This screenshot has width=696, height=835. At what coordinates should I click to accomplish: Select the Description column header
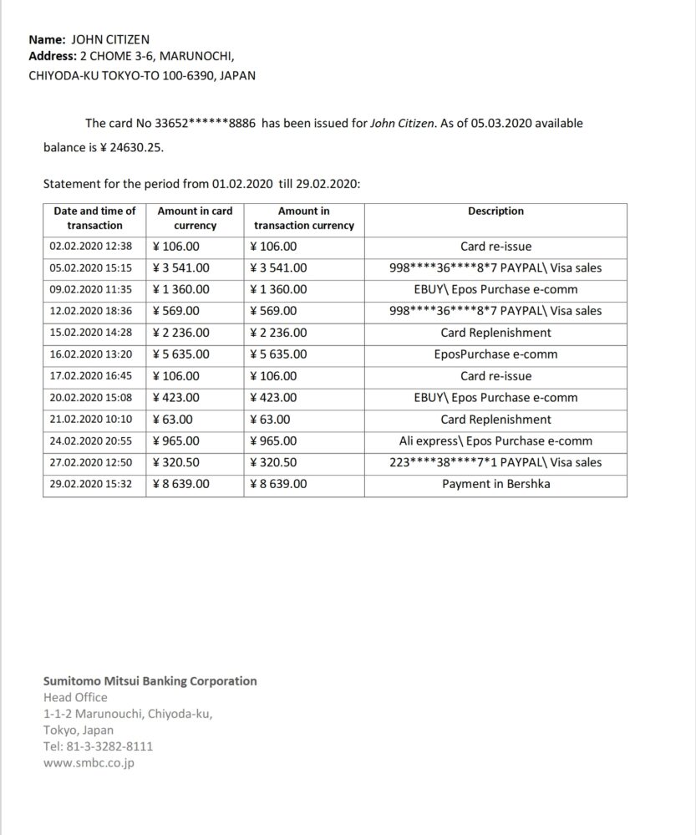pyautogui.click(x=495, y=211)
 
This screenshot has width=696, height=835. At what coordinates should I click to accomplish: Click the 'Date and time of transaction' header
pyautogui.click(x=94, y=218)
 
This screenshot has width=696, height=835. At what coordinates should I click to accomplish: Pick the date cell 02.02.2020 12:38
pyautogui.click(x=91, y=247)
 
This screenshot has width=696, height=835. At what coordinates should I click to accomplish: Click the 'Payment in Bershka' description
pyautogui.click(x=495, y=484)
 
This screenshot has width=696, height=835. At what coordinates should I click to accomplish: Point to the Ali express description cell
pyautogui.click(x=495, y=440)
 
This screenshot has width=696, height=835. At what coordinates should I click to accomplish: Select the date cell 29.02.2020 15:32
pyautogui.click(x=91, y=484)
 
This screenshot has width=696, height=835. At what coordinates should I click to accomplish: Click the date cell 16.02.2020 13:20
pyautogui.click(x=91, y=354)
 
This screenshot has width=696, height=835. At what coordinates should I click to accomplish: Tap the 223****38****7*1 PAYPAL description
pyautogui.click(x=495, y=462)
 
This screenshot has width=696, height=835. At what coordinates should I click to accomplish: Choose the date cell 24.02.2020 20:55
pyautogui.click(x=91, y=440)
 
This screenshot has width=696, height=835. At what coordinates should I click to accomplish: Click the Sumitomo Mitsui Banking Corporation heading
pyautogui.click(x=150, y=681)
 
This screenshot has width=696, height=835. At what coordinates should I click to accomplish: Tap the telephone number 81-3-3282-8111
pyautogui.click(x=109, y=746)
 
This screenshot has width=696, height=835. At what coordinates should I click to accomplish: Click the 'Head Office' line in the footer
pyautogui.click(x=75, y=697)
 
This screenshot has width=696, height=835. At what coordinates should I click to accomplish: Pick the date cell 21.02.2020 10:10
pyautogui.click(x=91, y=420)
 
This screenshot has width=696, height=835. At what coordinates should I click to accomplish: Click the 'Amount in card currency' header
pyautogui.click(x=195, y=218)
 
